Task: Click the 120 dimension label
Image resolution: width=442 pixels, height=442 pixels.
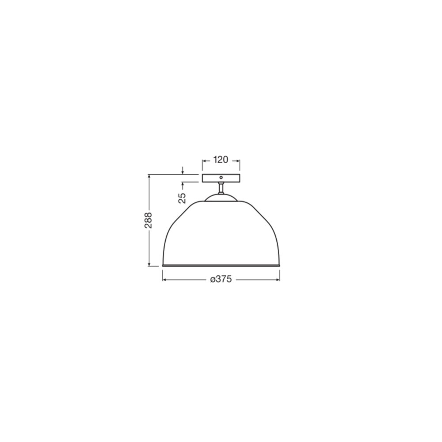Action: click(x=221, y=160)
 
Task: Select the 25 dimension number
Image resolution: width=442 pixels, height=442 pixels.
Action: click(x=183, y=198)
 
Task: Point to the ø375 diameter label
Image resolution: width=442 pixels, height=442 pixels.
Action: click(x=221, y=279)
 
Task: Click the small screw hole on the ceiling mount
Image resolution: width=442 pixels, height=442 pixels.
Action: click(x=221, y=178)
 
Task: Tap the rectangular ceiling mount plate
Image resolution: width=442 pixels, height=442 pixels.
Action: click(x=221, y=178)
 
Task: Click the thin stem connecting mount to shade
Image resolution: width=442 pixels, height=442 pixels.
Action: click(x=221, y=188)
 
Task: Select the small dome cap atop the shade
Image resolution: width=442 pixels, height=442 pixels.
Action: click(x=221, y=197)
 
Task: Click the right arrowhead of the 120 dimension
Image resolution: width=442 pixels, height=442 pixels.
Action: click(x=238, y=161)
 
